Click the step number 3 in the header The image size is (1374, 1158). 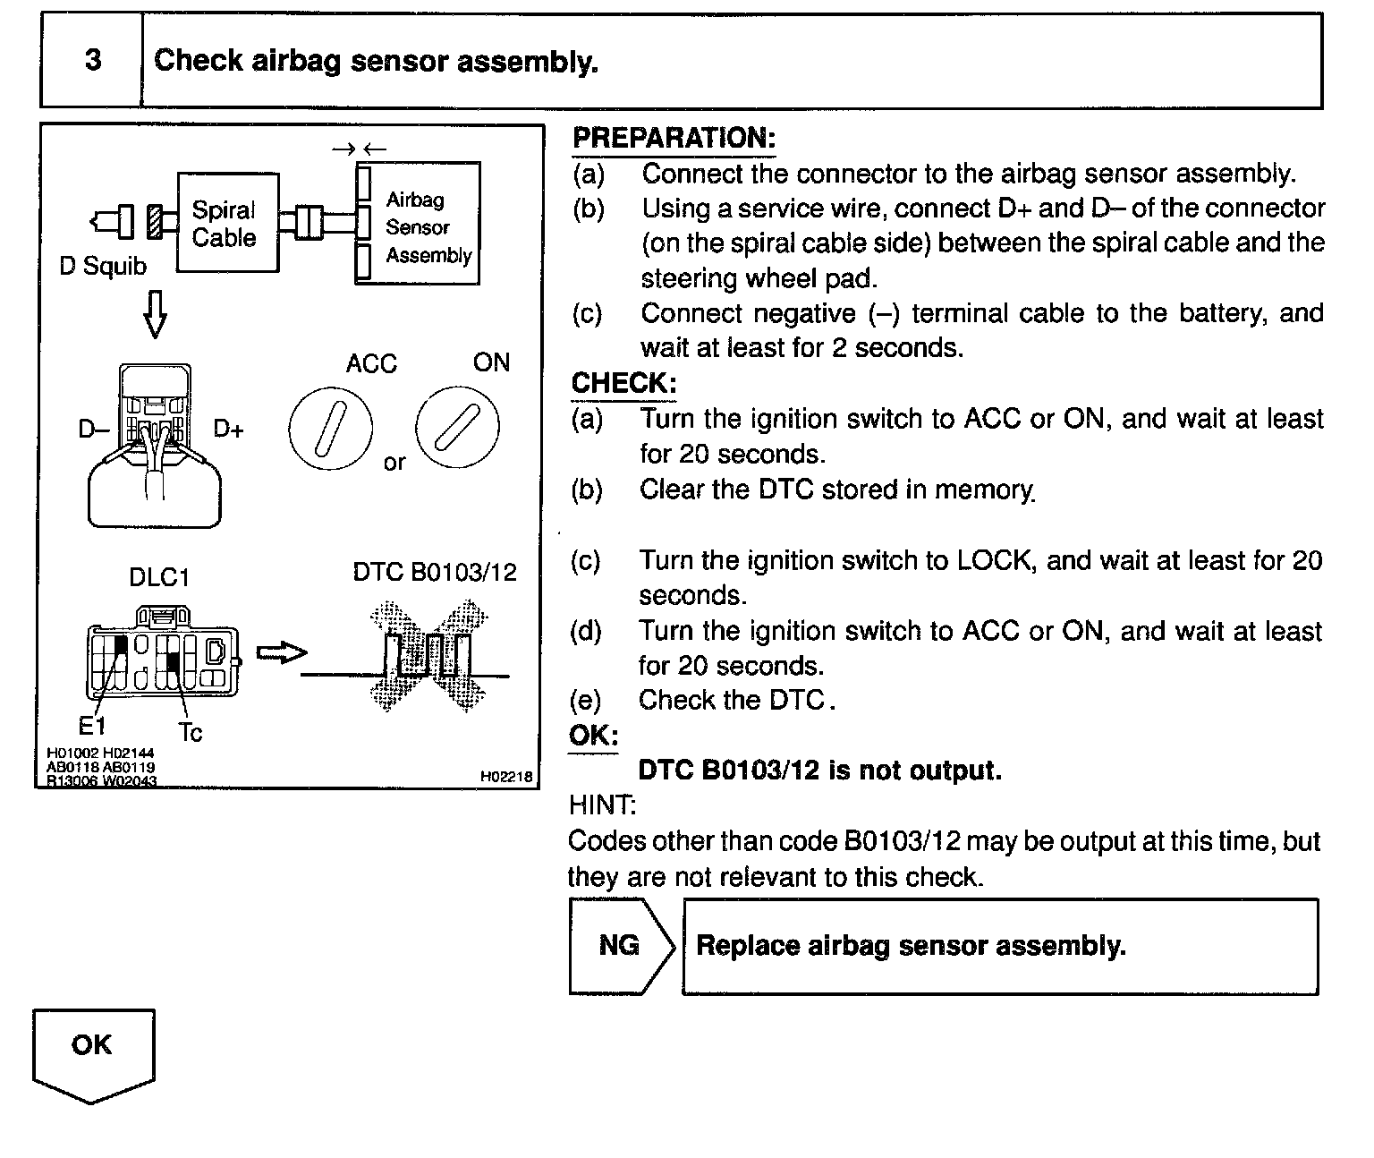[92, 60]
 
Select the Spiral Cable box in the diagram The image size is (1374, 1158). [227, 223]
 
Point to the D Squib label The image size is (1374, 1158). [103, 267]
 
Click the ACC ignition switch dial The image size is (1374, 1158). [330, 427]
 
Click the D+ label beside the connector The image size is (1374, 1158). [228, 430]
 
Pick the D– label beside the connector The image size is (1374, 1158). [93, 430]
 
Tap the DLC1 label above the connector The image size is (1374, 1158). [159, 577]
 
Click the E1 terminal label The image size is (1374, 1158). [92, 724]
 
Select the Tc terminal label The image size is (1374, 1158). [191, 733]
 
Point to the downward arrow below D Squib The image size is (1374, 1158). [155, 314]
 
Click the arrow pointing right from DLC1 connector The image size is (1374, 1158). [281, 653]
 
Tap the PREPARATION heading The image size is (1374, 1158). [674, 138]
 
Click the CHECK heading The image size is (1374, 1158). [623, 383]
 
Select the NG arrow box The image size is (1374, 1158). [621, 946]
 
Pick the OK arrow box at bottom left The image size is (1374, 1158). [93, 1053]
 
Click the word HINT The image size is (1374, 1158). [601, 805]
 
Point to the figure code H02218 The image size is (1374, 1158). [506, 778]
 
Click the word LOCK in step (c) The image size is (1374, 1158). [996, 560]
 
